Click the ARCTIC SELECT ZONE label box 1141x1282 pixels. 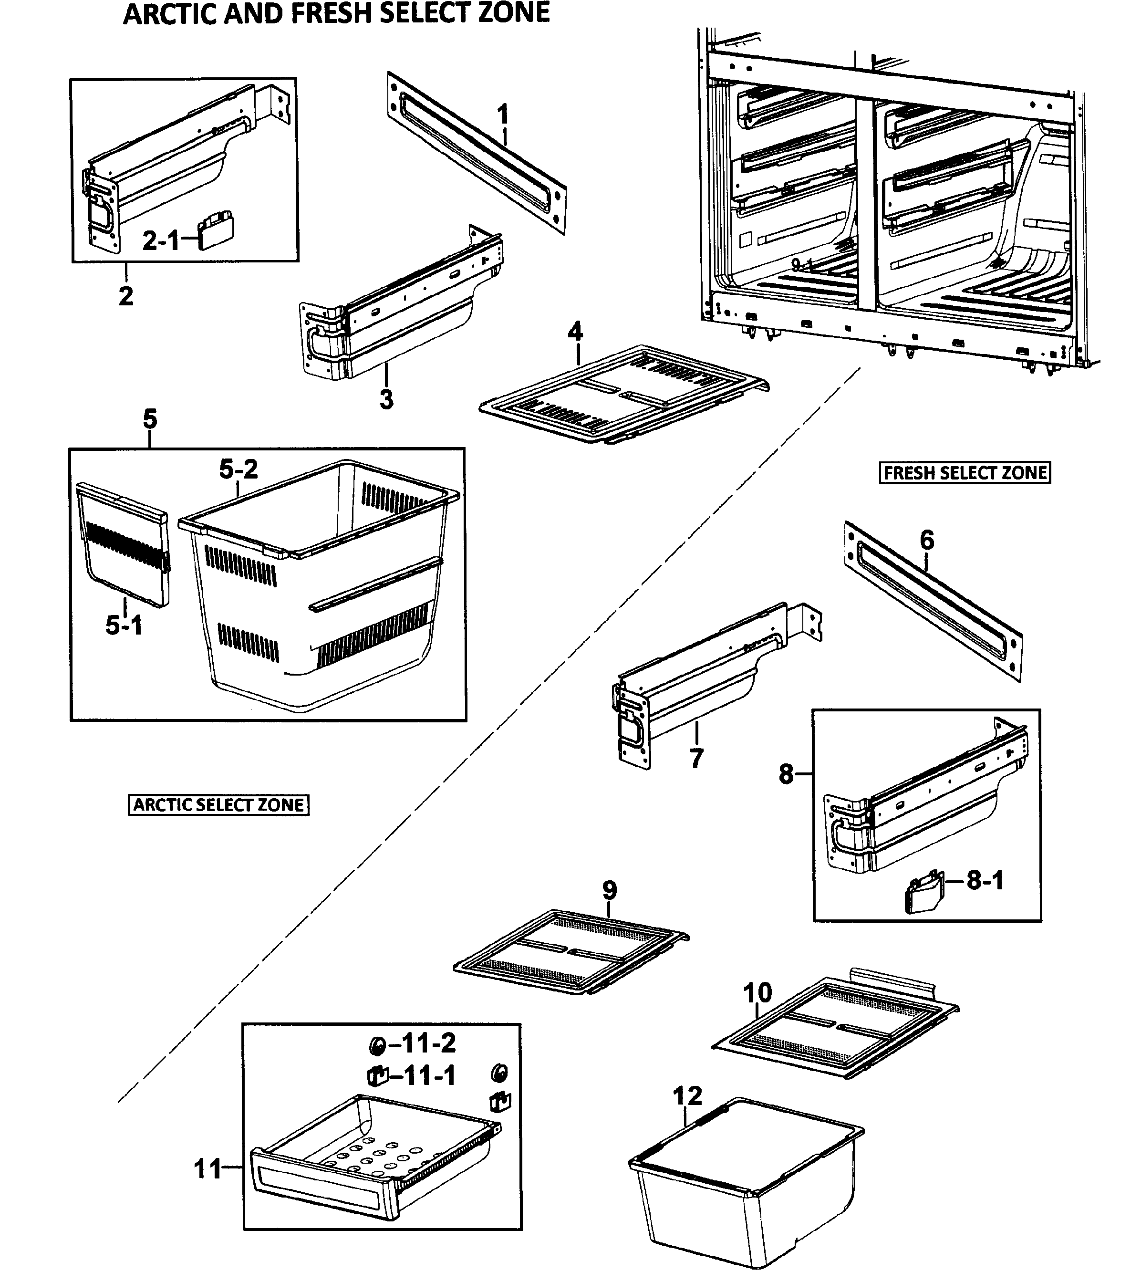click(x=219, y=805)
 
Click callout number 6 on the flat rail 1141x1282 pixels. click(x=927, y=540)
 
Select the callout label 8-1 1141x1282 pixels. click(x=985, y=881)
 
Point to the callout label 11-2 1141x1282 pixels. click(x=428, y=1043)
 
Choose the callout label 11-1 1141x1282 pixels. click(x=428, y=1076)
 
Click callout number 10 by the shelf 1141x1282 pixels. click(x=757, y=993)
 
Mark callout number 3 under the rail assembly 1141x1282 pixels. click(x=387, y=399)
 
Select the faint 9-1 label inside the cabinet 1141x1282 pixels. click(x=800, y=265)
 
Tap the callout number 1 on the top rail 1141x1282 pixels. click(x=503, y=115)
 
